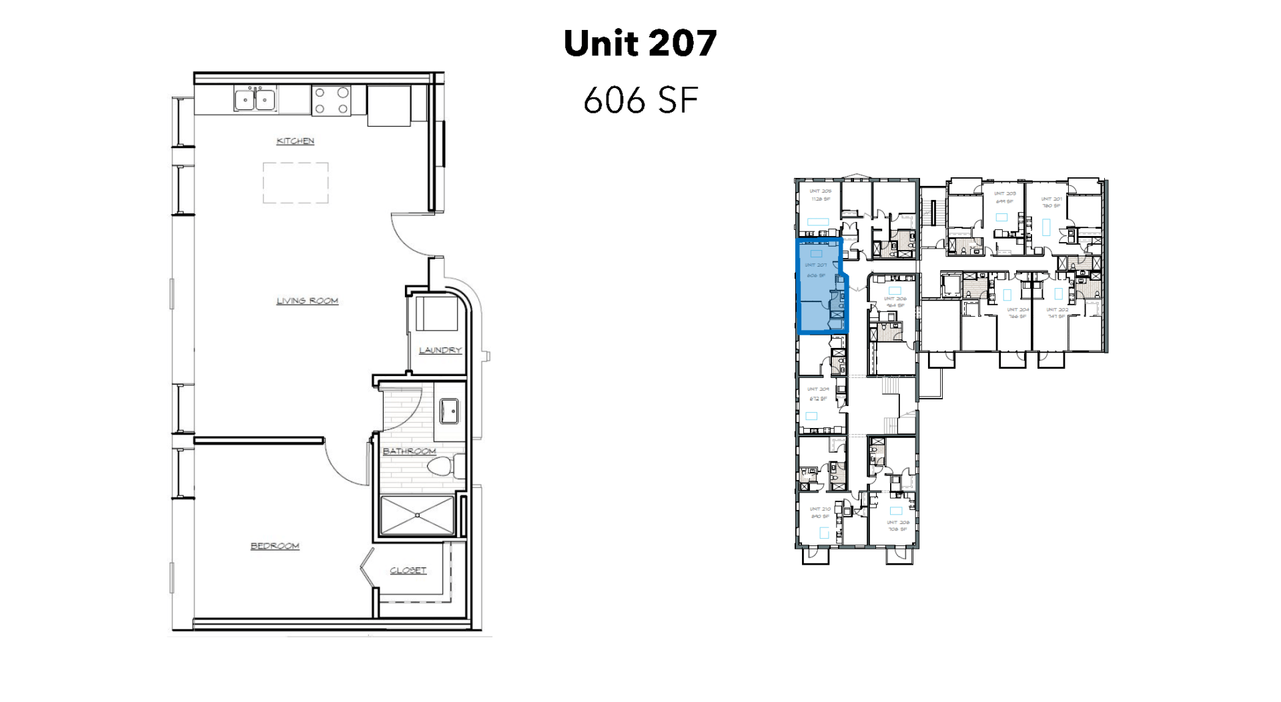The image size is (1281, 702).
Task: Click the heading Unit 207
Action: pyautogui.click(x=640, y=43)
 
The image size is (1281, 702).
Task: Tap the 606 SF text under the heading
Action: pyautogui.click(x=640, y=100)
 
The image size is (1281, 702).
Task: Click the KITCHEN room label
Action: pyautogui.click(x=295, y=141)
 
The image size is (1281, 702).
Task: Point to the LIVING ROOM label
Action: pyautogui.click(x=307, y=301)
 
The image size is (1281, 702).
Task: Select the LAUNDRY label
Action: pyautogui.click(x=440, y=350)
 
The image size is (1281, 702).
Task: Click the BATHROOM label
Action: pyautogui.click(x=409, y=451)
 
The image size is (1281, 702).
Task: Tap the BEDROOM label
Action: pyautogui.click(x=275, y=546)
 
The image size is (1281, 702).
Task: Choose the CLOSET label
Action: pyautogui.click(x=408, y=571)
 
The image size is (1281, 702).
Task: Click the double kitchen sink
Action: pyautogui.click(x=255, y=99)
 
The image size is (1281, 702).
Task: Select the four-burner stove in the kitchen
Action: pyautogui.click(x=332, y=101)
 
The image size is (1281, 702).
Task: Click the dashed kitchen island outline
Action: pyautogui.click(x=296, y=183)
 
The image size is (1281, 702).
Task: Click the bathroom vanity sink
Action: pyautogui.click(x=448, y=411)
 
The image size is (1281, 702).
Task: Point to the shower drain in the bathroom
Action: pyautogui.click(x=417, y=515)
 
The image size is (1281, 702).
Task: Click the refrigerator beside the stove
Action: pyautogui.click(x=388, y=105)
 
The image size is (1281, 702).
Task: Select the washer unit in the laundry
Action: pyautogui.click(x=437, y=313)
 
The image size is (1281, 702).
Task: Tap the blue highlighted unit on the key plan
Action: pyautogui.click(x=817, y=287)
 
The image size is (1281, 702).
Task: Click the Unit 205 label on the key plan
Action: pyautogui.click(x=820, y=191)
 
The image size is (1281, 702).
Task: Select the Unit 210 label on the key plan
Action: pyautogui.click(x=820, y=509)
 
